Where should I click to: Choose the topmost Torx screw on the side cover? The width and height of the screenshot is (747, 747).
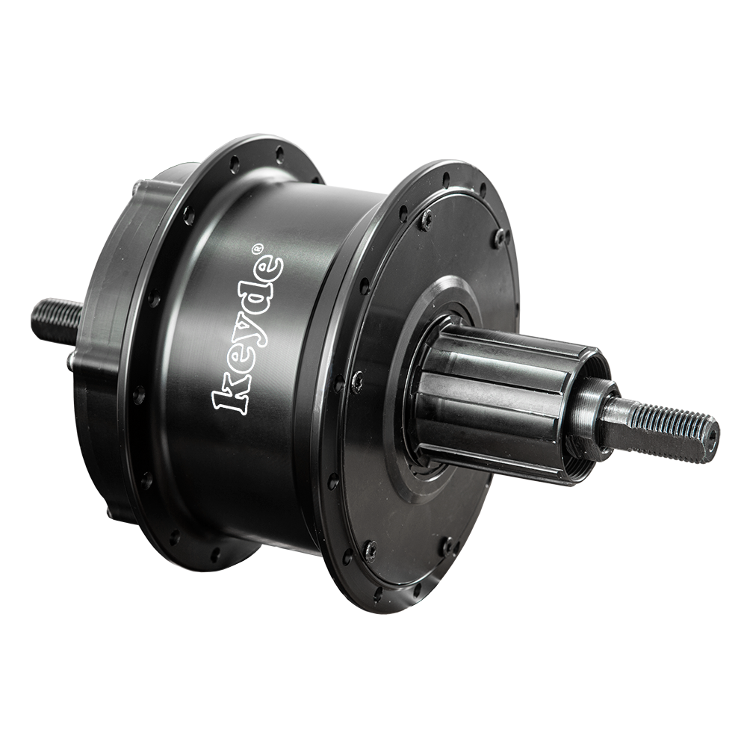(x=427, y=218)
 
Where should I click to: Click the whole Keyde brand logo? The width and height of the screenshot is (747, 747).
(x=248, y=332)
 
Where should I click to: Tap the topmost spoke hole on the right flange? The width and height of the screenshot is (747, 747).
(x=446, y=179)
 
